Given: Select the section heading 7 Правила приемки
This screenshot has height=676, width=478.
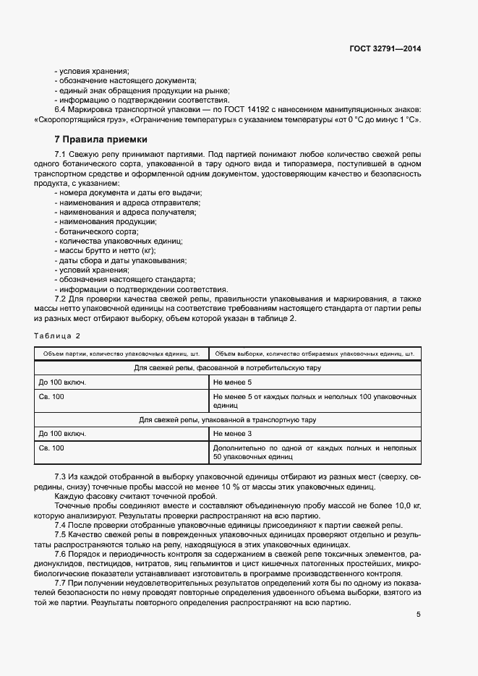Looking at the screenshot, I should click(101, 140).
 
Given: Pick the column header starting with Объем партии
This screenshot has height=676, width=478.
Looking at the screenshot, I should click(121, 354).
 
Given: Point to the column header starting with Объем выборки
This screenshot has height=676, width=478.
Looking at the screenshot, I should click(315, 354).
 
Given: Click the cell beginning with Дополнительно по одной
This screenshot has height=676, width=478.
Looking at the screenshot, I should click(314, 453).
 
